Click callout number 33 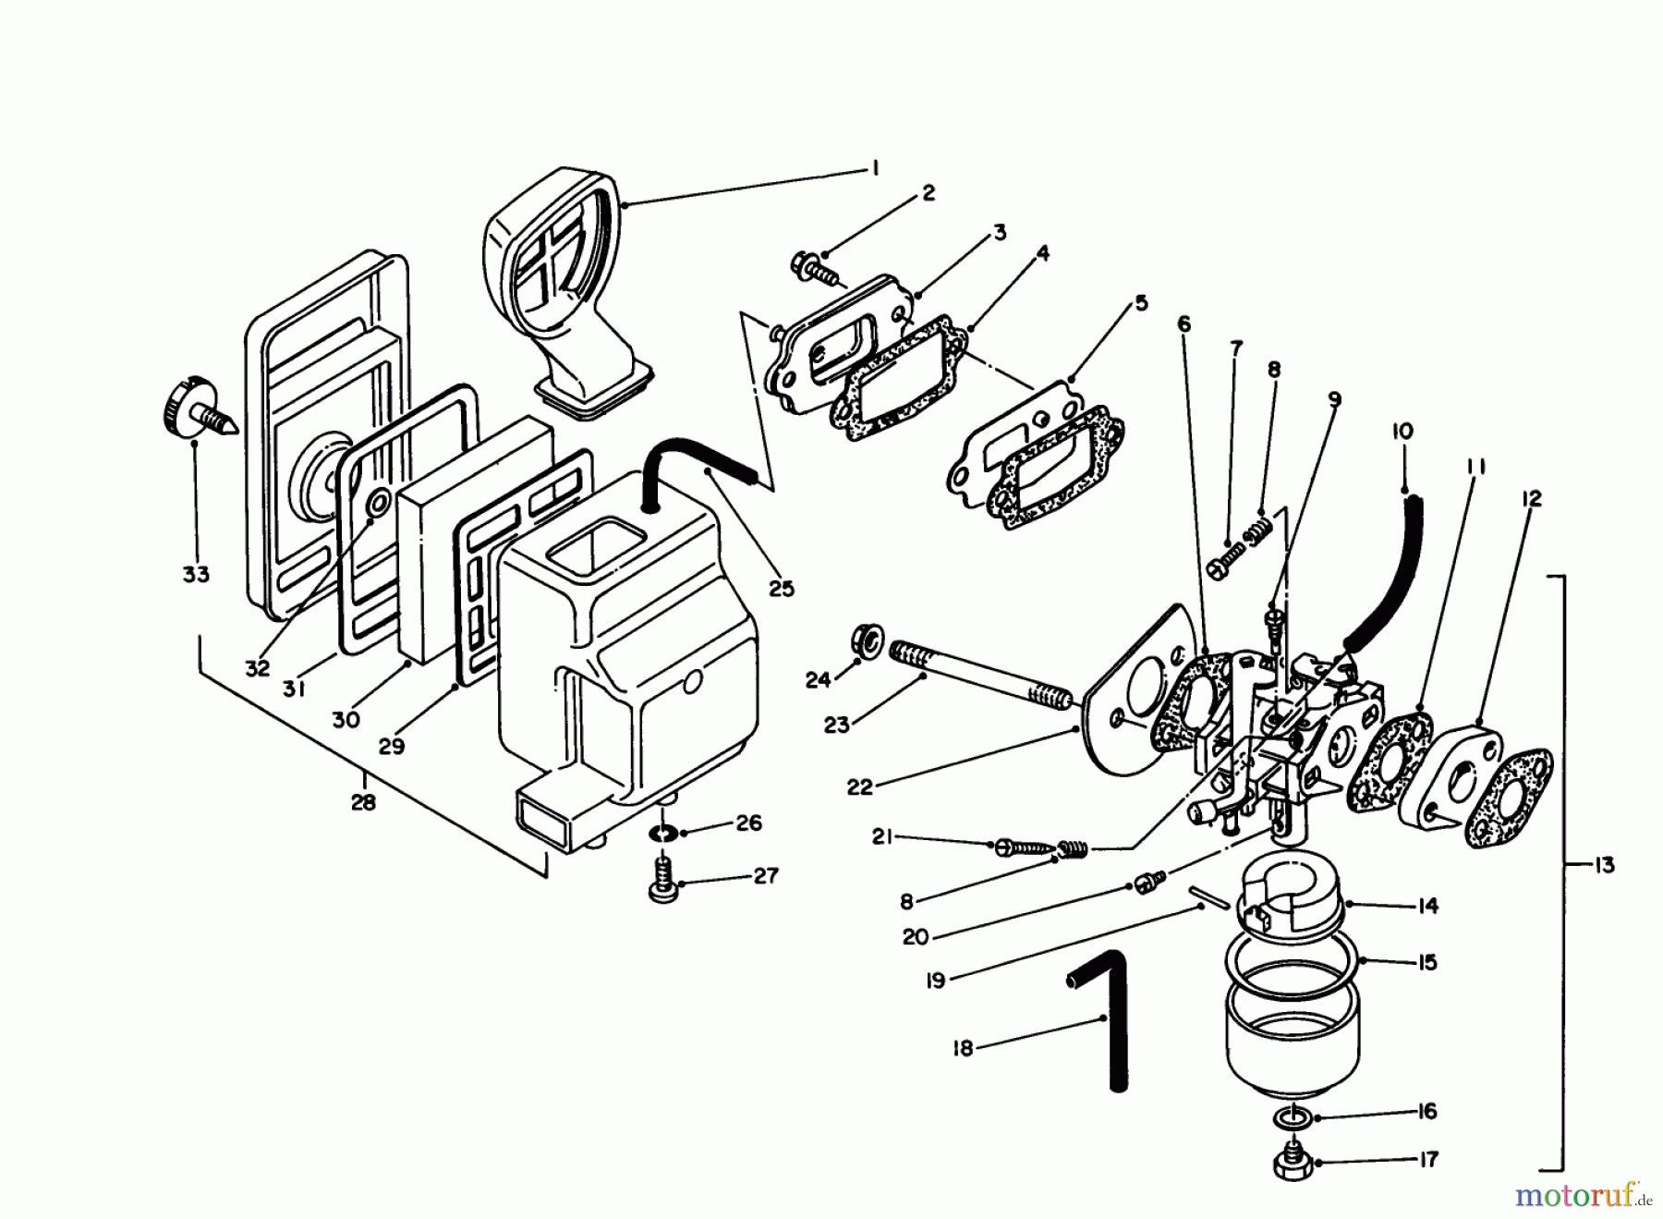195,574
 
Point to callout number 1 873,168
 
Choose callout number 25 782,588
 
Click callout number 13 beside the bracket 1604,865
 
